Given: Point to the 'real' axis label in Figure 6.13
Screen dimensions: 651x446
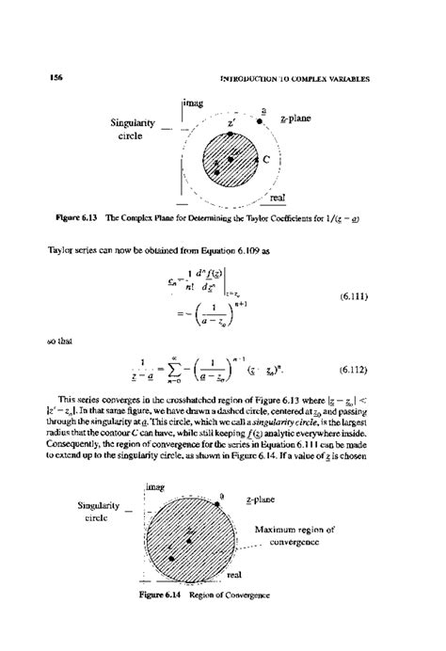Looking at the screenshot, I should pos(278,198).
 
